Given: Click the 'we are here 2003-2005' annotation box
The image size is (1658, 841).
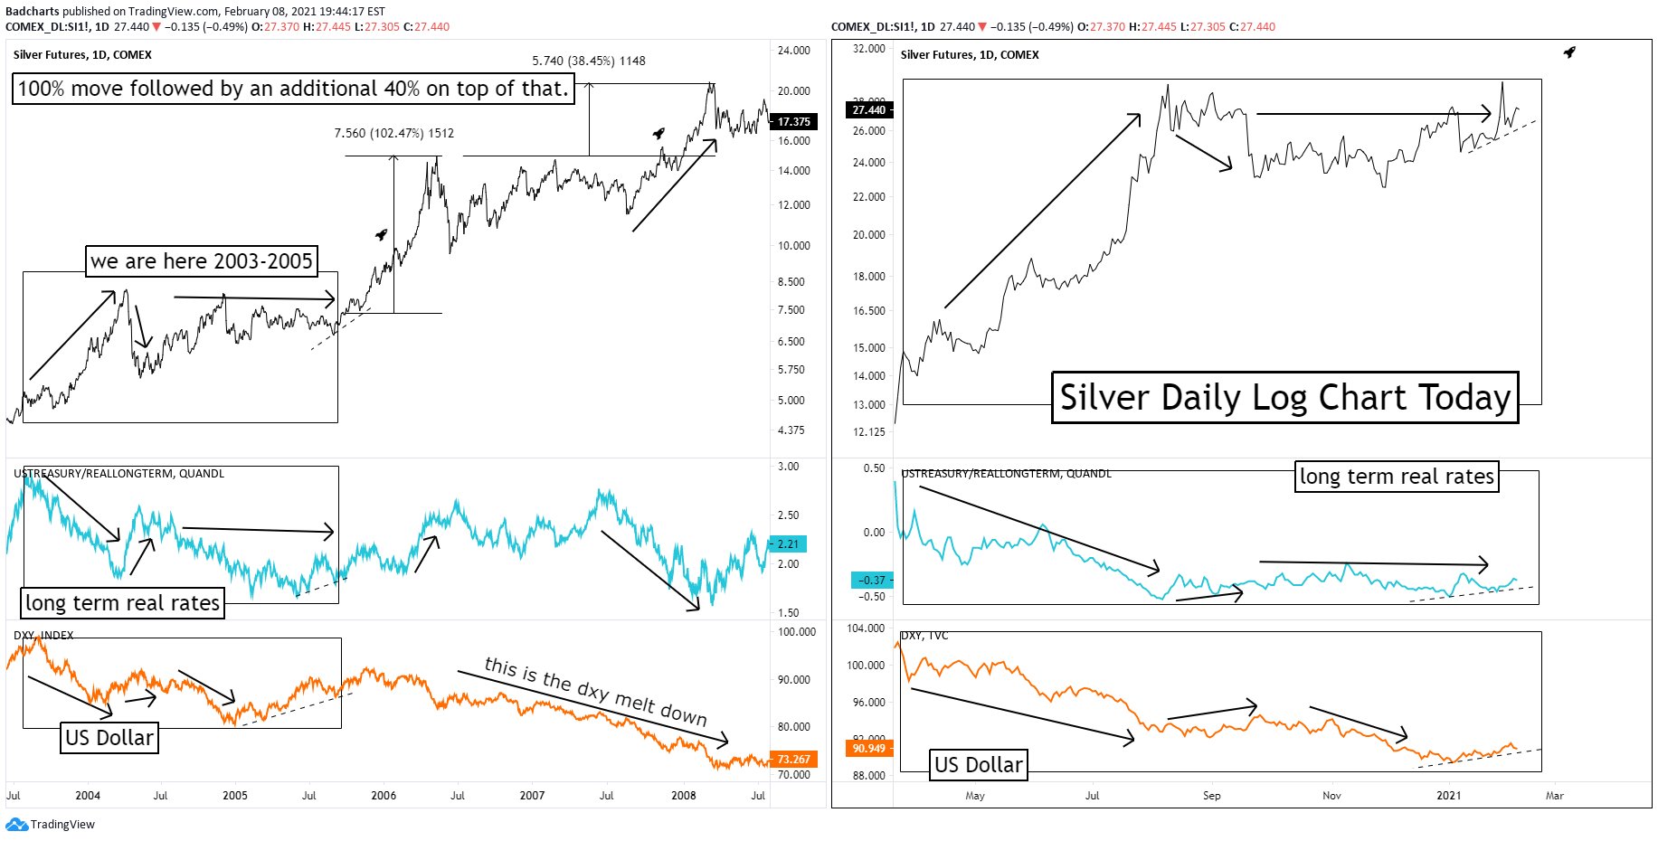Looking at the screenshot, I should (x=201, y=261).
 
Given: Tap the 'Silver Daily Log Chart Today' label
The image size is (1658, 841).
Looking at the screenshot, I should (x=1284, y=398).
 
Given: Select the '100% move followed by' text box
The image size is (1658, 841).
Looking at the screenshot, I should (x=293, y=89).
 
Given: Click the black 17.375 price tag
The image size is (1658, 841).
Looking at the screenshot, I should (x=792, y=121).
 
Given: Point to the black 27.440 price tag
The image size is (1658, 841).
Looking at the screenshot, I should (x=868, y=110).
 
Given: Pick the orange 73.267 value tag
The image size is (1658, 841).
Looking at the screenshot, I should (x=793, y=759).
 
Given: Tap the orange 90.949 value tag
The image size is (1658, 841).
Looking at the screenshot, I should (x=868, y=748).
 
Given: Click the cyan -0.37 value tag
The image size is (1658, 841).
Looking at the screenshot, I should (x=872, y=580).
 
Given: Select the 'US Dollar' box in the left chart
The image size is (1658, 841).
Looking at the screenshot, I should (x=109, y=738).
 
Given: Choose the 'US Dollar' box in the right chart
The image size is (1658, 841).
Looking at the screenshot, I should (x=978, y=765).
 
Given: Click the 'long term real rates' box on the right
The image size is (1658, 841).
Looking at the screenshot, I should (x=1397, y=477).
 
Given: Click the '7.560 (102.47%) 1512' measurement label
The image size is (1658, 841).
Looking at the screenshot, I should (x=393, y=133).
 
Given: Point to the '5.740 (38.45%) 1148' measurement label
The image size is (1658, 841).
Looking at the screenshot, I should (x=588, y=61).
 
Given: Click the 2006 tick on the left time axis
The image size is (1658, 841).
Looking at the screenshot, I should (x=384, y=796).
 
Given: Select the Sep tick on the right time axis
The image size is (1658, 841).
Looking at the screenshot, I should (x=1211, y=796).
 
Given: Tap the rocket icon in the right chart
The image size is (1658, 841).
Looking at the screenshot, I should (x=1569, y=52).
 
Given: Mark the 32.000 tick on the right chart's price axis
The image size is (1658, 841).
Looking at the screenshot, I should (x=868, y=49).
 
